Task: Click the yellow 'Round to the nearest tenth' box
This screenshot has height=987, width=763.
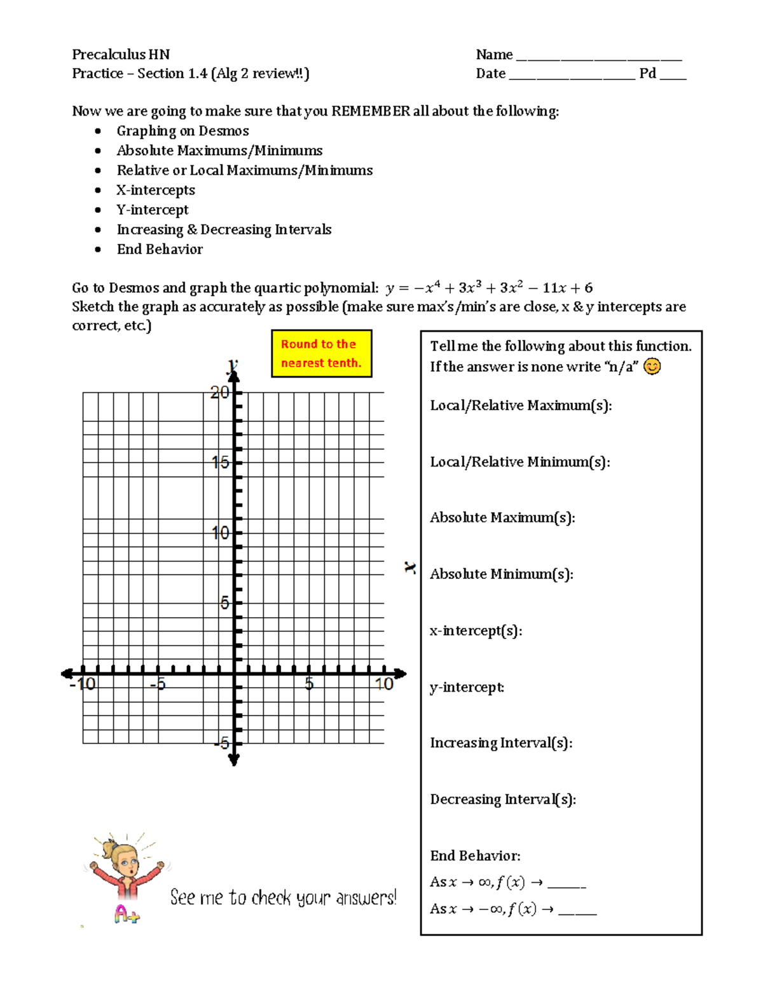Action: coord(321,353)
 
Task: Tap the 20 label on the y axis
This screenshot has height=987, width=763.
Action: coord(219,392)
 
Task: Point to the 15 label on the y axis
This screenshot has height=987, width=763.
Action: coord(220,462)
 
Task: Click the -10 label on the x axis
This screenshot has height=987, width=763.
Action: coord(83,684)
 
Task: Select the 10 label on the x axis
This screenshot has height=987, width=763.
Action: coord(384,684)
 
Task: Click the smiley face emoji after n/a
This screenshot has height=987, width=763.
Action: coord(652,367)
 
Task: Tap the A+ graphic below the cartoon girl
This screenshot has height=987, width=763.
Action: coord(127,914)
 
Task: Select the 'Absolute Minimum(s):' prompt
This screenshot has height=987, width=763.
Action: coord(501,574)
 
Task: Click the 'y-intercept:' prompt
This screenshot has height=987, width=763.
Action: coord(467,687)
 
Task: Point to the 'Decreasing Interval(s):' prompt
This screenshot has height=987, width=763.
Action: coord(502,799)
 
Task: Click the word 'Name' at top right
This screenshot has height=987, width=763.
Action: coord(494,55)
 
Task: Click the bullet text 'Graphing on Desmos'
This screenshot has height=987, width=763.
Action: coord(182,131)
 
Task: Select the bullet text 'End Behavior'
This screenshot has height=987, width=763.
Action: coord(160,249)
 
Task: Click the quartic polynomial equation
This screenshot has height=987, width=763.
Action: coord(488,288)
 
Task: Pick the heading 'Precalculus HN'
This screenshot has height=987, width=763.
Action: coord(121,55)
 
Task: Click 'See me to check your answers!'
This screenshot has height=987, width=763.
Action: coord(283,897)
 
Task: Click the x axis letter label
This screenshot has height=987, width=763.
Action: coord(411,568)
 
